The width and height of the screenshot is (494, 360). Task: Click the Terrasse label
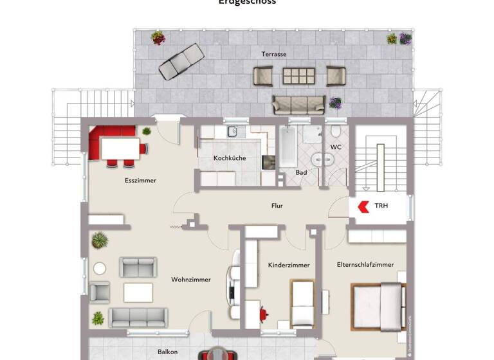coord(273,54)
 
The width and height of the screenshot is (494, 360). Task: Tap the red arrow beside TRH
coord(363,206)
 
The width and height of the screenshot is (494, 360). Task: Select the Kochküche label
coord(230,158)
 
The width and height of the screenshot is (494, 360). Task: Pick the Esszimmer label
coord(140,181)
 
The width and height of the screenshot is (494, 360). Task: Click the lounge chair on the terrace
coord(181,60)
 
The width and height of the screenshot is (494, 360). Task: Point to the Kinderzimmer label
coord(288,265)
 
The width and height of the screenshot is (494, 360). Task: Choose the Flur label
coord(277,206)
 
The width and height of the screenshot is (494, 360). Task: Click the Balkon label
coord(167,352)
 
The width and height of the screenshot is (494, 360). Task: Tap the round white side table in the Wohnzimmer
coord(100,268)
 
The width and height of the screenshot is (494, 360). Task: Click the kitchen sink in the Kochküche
coord(232,132)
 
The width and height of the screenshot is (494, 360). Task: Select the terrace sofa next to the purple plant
coord(299,104)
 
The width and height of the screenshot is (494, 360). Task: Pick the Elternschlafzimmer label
coord(365,264)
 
